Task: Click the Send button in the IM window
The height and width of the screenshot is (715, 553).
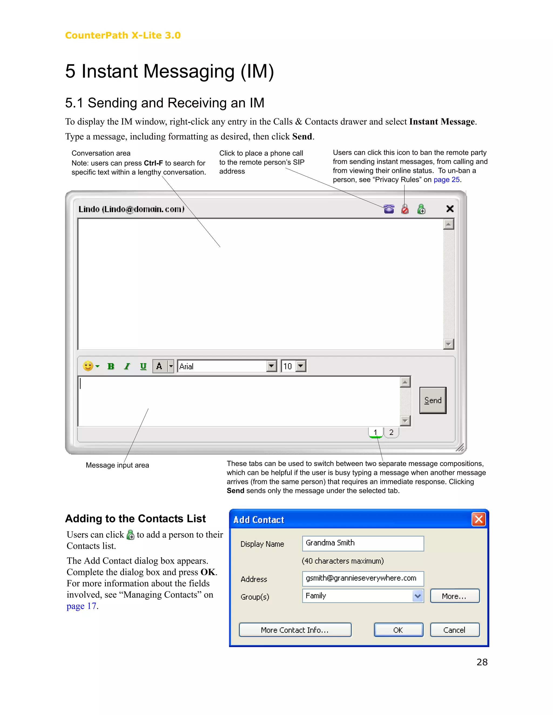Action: [x=433, y=400]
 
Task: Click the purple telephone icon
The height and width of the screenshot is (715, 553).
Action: [x=389, y=209]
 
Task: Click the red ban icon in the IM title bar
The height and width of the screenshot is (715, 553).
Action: [x=405, y=209]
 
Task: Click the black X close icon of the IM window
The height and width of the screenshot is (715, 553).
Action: [x=450, y=209]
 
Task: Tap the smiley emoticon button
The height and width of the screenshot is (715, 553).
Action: [x=88, y=366]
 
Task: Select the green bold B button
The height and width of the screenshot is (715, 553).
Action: [x=111, y=366]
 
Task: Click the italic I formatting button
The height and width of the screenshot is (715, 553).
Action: [x=127, y=366]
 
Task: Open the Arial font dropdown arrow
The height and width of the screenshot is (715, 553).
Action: [x=271, y=366]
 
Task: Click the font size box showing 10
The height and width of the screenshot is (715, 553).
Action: [x=288, y=366]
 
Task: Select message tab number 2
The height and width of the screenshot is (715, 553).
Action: [x=391, y=433]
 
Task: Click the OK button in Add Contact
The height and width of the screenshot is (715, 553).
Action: [x=398, y=630]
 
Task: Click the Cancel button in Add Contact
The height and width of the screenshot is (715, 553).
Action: [x=454, y=630]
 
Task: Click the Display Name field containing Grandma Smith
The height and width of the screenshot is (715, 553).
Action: [x=363, y=543]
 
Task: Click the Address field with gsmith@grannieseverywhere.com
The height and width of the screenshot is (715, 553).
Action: [x=363, y=578]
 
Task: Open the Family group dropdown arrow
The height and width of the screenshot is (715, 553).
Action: [x=418, y=596]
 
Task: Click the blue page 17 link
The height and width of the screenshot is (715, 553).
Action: [x=81, y=606]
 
